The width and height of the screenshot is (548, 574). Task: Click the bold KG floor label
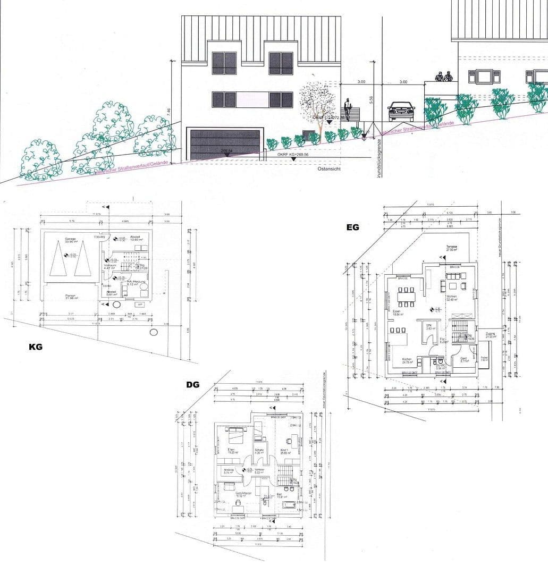(x=35, y=347)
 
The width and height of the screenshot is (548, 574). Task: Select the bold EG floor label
(x=352, y=227)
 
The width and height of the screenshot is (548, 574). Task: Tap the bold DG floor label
(x=192, y=384)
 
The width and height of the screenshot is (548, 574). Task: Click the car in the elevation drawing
(x=401, y=111)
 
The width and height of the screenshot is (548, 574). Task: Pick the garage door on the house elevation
(x=225, y=144)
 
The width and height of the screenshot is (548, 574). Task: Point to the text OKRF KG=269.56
(x=292, y=154)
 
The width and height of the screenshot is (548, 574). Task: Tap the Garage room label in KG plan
(x=70, y=239)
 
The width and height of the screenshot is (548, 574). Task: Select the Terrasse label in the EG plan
(x=452, y=247)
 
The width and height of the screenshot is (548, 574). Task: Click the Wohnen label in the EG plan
(x=452, y=297)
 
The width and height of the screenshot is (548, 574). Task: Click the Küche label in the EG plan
(x=407, y=360)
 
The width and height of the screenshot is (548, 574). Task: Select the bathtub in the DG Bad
(x=289, y=503)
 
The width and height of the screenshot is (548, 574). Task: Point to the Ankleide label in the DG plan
(x=229, y=469)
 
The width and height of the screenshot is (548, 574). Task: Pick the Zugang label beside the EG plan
(x=490, y=334)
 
